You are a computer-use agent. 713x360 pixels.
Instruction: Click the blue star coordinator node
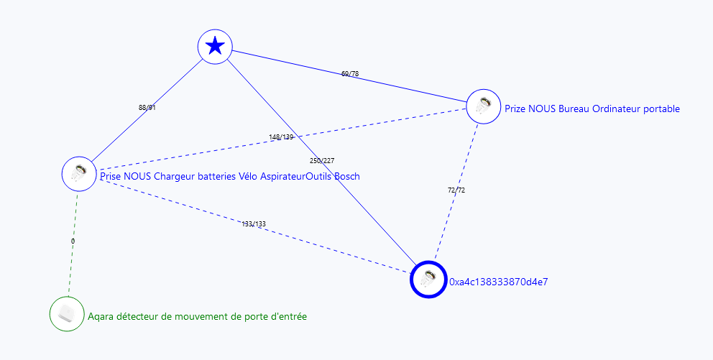(215, 47)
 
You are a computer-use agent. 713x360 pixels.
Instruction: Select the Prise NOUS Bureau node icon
(484, 106)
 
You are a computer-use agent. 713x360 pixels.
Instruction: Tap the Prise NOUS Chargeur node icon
(79, 172)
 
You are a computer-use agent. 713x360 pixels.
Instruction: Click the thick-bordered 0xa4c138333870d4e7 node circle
(428, 279)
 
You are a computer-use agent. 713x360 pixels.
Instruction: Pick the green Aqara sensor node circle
(67, 314)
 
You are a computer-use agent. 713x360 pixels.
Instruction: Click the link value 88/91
(147, 108)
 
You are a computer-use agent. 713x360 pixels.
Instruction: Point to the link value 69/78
(350, 73)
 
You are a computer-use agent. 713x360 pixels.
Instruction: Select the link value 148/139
(281, 137)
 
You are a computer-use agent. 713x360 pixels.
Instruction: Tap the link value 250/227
(321, 160)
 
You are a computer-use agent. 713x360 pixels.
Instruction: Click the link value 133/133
(254, 224)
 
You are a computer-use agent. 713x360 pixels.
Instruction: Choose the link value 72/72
(456, 190)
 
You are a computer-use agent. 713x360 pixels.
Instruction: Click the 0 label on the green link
(73, 241)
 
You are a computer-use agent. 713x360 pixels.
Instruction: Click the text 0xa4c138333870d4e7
(498, 282)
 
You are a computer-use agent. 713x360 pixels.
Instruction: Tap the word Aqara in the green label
(101, 315)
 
